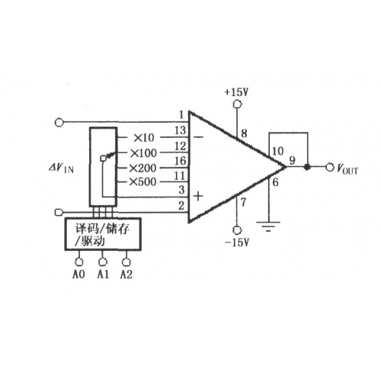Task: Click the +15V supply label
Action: click(236, 92)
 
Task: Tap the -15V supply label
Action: click(236, 242)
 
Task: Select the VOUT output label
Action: click(347, 169)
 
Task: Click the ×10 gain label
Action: click(144, 138)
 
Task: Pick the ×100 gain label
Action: click(143, 153)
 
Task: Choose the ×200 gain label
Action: click(142, 168)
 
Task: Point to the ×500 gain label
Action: click(142, 181)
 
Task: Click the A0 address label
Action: click(78, 274)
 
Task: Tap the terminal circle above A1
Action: click(102, 262)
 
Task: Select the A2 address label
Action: click(126, 274)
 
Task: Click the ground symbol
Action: click(268, 226)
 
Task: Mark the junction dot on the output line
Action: click(307, 167)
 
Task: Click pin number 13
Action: click(181, 130)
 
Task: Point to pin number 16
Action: click(181, 161)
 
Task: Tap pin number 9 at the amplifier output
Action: click(293, 160)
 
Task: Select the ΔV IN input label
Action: click(62, 169)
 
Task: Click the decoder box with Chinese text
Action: click(103, 234)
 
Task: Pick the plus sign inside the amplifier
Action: click(198, 196)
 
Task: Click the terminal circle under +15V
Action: click(237, 104)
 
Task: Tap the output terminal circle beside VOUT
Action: click(330, 167)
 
